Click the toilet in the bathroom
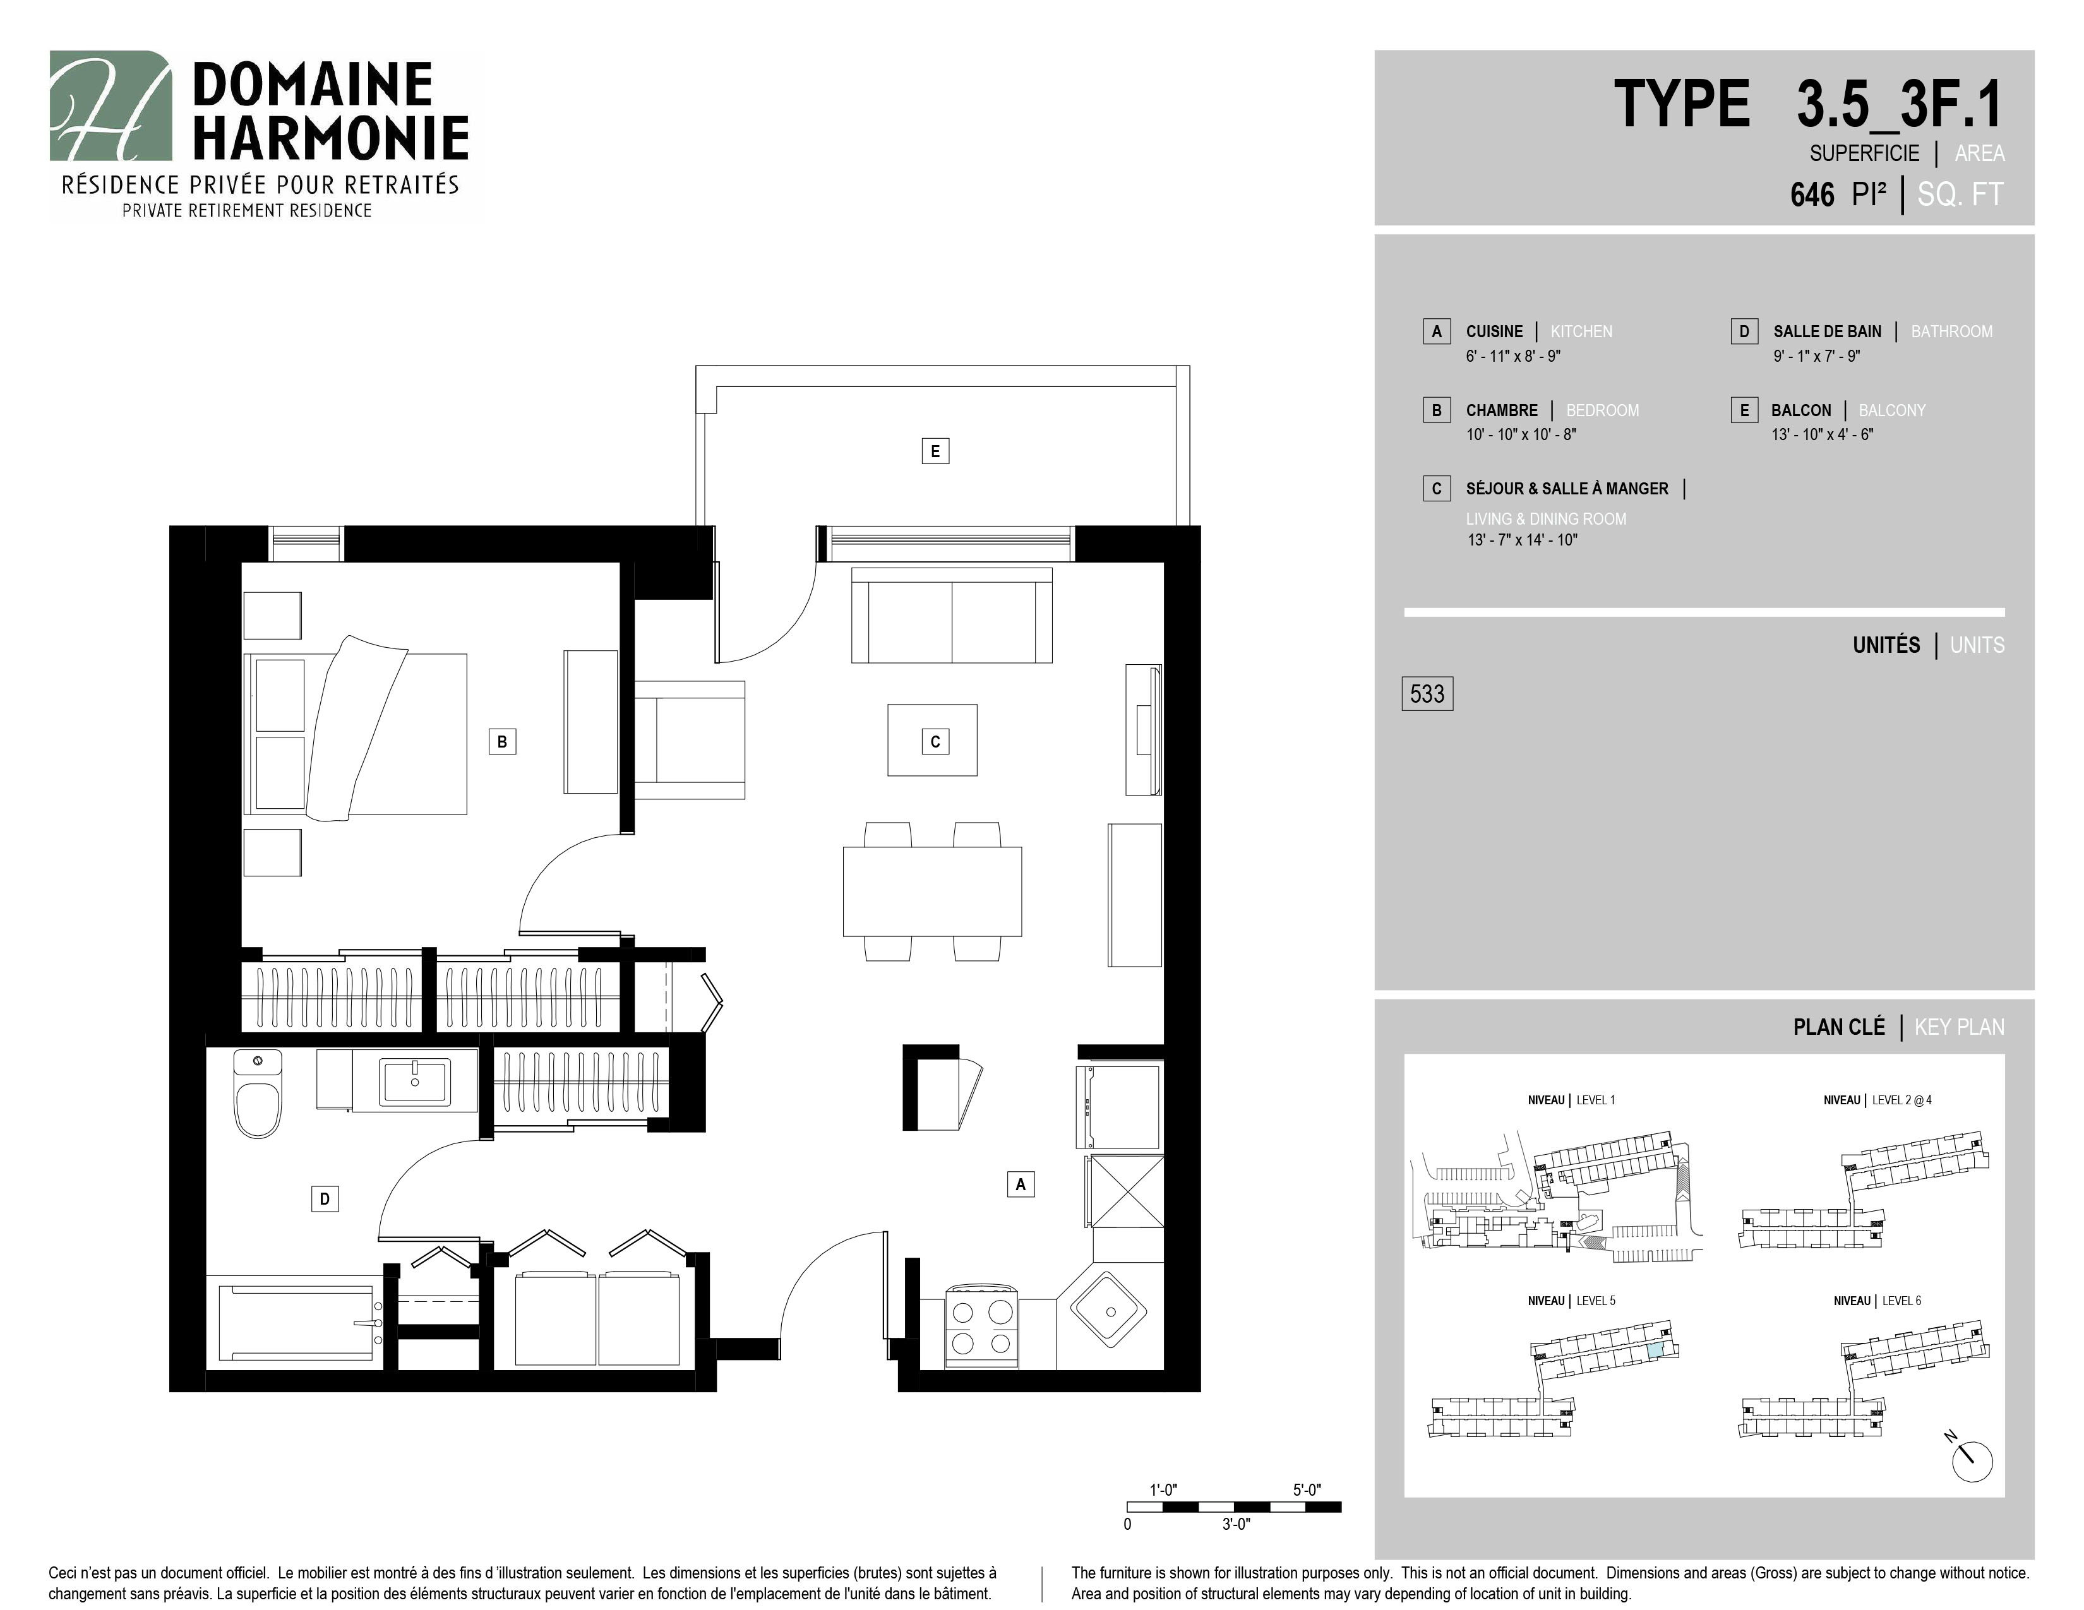[258, 1094]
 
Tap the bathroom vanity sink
[414, 1082]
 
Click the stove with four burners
[982, 1328]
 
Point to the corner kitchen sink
[1111, 1309]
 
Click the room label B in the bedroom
[502, 741]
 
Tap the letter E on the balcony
[935, 451]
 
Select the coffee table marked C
[932, 740]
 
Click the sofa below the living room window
[951, 615]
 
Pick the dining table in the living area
[932, 891]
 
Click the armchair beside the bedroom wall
[689, 739]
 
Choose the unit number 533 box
[1427, 693]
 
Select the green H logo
[111, 106]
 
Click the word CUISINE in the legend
[1494, 332]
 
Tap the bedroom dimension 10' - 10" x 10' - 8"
[1521, 435]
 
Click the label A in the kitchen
[1020, 1184]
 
